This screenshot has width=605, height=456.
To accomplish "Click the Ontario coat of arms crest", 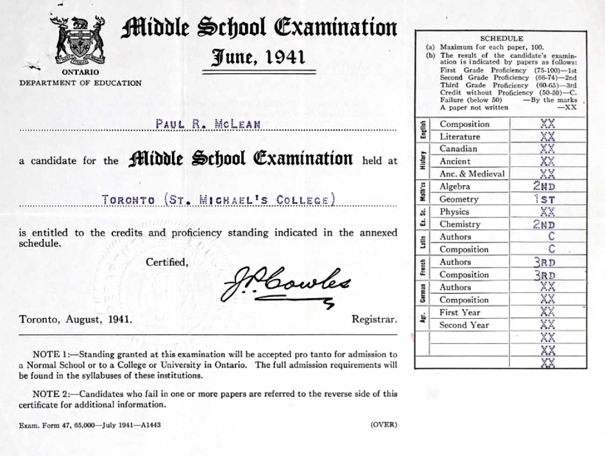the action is click(80, 40).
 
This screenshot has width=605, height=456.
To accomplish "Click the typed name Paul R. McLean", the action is click(208, 124).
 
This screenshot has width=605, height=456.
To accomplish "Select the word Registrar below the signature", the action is click(375, 319).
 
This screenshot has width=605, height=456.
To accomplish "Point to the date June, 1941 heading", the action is click(258, 58).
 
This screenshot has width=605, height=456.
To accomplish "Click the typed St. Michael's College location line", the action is click(219, 199).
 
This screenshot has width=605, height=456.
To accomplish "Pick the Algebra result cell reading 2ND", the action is click(543, 187).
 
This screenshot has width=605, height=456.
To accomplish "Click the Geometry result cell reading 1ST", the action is click(543, 199).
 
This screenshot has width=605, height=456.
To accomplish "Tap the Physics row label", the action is click(454, 212).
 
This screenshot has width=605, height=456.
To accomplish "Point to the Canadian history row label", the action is click(458, 149).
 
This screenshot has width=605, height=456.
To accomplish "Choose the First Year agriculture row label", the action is click(459, 312).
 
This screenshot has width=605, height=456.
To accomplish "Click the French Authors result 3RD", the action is click(543, 262).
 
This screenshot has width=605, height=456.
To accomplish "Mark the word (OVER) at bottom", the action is click(384, 425).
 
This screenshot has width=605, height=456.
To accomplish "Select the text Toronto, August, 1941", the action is click(76, 319).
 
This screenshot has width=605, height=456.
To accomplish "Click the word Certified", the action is click(167, 262).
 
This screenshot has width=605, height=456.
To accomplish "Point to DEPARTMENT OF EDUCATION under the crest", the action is click(80, 83).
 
